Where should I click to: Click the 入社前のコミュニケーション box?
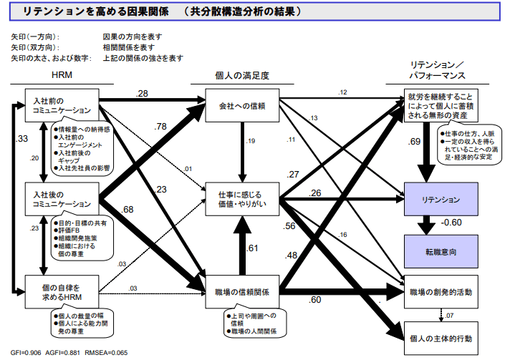tap(61, 106)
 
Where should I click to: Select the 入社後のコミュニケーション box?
tap(61, 200)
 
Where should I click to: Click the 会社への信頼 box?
tap(242, 106)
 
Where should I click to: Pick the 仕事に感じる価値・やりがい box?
tap(242, 199)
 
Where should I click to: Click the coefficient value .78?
tap(160, 126)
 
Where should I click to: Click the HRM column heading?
tap(61, 74)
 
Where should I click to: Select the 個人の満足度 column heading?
tap(241, 74)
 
